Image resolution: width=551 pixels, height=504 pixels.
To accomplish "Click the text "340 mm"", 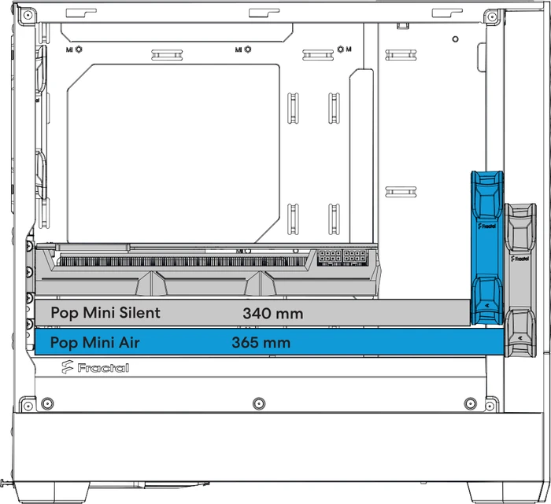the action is tap(272, 314).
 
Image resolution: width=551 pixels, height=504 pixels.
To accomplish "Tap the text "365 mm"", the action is tap(261, 343).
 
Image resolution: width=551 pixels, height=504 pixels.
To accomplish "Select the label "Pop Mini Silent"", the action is tap(105, 313).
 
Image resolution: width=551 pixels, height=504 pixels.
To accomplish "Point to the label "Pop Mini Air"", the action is tap(95, 343).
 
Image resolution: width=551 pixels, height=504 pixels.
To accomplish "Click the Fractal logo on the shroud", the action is tap(95, 367).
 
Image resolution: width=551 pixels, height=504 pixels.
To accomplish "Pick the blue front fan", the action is tap(487, 248).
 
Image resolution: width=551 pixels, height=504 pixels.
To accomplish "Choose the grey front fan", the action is tap(520, 280).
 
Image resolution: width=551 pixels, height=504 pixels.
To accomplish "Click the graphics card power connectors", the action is tap(342, 258).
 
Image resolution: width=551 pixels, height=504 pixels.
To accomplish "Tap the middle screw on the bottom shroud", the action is tap(259, 403).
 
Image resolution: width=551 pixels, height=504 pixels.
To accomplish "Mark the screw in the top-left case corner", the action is tap(28, 16).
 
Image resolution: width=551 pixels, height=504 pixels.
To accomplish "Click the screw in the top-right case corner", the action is tap(492, 17).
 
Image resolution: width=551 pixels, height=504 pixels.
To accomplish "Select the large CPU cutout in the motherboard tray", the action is tap(174, 153).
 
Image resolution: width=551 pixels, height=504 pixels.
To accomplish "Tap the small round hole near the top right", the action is tap(456, 39).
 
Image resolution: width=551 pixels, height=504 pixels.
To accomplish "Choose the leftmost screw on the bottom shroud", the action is tap(47, 403).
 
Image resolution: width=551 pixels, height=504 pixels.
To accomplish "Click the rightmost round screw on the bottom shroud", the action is tap(470, 403).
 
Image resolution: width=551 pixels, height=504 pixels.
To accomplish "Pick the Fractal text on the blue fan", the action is tap(487, 226).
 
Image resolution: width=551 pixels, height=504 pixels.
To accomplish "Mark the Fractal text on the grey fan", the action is tap(520, 259).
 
